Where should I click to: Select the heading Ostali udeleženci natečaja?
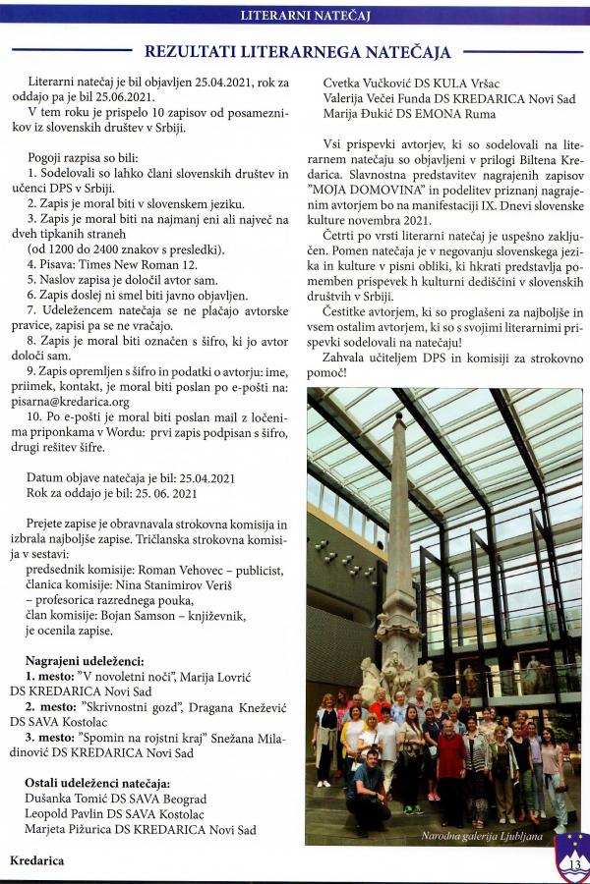96,783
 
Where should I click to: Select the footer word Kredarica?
36,860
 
